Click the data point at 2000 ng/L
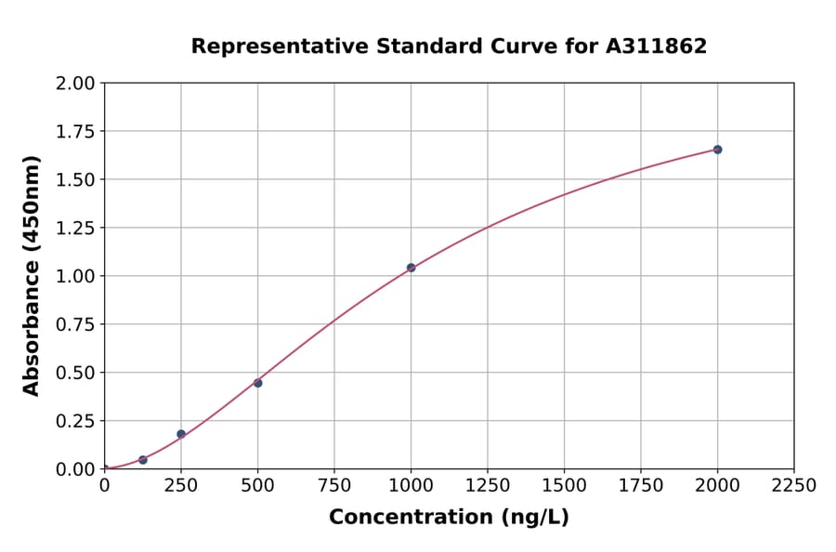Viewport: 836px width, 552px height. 717,150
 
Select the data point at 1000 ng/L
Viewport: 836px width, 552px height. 411,268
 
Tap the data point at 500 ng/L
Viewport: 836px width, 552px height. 257,383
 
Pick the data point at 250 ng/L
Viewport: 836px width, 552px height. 181,434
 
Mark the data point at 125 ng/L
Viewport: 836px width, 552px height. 142,460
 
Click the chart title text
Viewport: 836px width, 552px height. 449,46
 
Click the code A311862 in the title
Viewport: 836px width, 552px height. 657,46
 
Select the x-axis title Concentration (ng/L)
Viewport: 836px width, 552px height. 449,518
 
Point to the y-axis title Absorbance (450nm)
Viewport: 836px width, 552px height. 32,276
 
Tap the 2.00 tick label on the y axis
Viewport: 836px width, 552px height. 75,84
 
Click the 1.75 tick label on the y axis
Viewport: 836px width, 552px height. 75,132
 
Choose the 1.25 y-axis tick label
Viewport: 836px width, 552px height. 75,229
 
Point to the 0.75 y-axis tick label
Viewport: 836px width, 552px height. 75,325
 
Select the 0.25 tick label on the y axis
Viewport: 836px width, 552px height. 75,421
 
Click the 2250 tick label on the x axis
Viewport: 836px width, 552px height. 794,486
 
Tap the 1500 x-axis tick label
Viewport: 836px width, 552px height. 564,486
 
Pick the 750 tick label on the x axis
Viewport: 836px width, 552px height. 334,486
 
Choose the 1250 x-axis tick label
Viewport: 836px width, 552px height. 488,486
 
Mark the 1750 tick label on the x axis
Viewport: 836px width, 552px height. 641,486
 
